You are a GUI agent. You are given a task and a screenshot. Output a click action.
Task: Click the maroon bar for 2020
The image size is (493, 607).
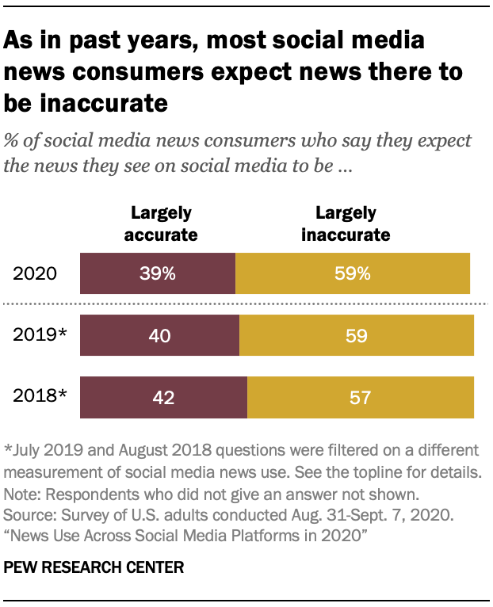click(x=158, y=274)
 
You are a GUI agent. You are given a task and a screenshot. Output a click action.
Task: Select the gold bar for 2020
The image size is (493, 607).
click(x=353, y=274)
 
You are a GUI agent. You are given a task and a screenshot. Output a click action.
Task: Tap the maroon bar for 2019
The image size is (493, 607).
click(x=159, y=335)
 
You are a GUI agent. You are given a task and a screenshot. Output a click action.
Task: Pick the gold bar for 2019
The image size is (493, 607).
click(x=357, y=335)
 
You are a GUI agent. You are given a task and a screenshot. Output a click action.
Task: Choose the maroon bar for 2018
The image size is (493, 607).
click(x=163, y=397)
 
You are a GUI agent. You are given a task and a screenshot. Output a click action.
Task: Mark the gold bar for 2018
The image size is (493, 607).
click(x=361, y=397)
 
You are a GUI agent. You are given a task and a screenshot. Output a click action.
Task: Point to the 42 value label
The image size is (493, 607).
click(x=164, y=397)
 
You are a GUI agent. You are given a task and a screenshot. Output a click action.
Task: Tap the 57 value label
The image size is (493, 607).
click(x=361, y=397)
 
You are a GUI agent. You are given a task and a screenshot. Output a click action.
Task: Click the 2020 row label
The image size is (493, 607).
click(x=36, y=275)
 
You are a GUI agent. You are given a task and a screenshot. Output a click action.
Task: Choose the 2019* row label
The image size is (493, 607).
click(x=40, y=336)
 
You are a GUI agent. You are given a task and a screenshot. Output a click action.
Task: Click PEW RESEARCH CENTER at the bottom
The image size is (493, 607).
click(x=94, y=567)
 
